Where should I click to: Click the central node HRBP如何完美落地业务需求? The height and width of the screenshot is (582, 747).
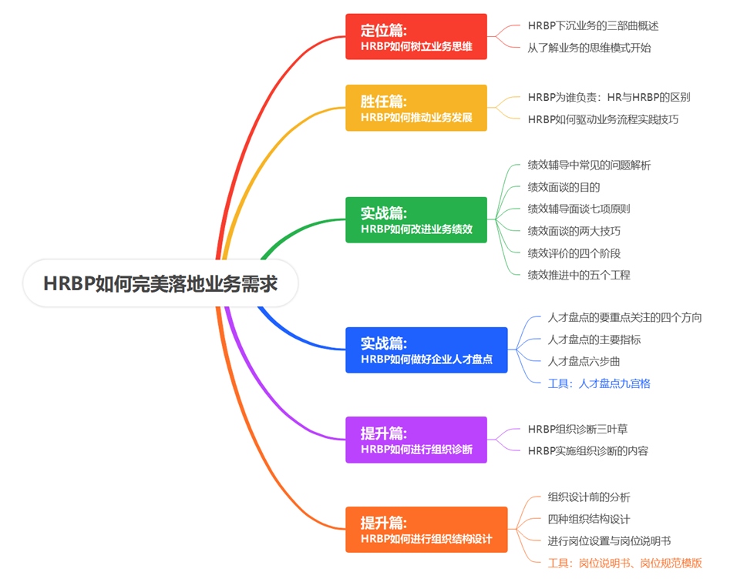(x=160, y=284)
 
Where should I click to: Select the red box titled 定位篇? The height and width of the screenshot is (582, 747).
(x=416, y=37)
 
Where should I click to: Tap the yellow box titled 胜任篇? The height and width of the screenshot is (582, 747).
(x=416, y=109)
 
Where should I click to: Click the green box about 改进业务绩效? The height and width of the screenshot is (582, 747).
(x=416, y=220)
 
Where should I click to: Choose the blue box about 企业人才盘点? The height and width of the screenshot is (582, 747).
(x=426, y=350)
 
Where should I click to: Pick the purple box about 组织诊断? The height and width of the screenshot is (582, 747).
(x=416, y=440)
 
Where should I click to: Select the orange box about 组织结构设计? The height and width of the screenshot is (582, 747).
(x=426, y=530)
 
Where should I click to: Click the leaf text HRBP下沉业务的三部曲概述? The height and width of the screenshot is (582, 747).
(x=593, y=25)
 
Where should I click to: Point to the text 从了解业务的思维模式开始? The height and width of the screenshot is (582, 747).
(x=589, y=48)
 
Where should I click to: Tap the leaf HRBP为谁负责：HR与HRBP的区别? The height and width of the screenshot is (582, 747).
(x=608, y=97)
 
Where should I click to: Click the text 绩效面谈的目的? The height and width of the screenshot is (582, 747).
(x=564, y=187)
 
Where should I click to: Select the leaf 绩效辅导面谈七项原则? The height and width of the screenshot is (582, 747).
(x=579, y=209)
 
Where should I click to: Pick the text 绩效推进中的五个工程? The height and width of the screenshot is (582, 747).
(x=579, y=275)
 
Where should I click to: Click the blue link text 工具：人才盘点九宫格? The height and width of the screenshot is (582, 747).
(x=599, y=383)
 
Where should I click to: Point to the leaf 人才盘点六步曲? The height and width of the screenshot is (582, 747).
(x=584, y=361)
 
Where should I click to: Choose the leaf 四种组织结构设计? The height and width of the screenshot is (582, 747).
(x=589, y=519)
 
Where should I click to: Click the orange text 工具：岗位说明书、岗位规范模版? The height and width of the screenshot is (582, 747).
(x=624, y=563)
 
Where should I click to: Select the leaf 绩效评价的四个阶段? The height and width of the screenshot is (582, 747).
(x=574, y=253)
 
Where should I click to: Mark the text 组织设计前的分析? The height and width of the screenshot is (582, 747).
(x=589, y=497)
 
